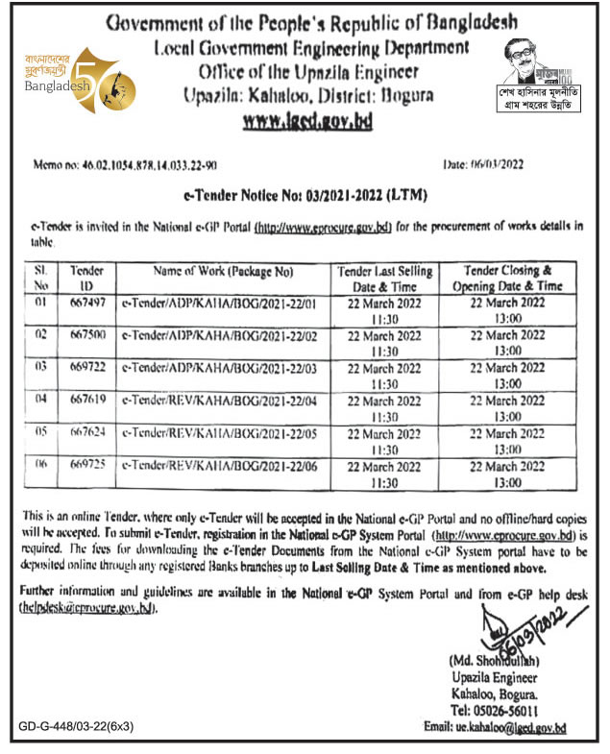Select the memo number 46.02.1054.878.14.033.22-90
click(135, 165)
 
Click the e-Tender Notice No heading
click(305, 197)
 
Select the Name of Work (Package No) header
click(222, 273)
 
